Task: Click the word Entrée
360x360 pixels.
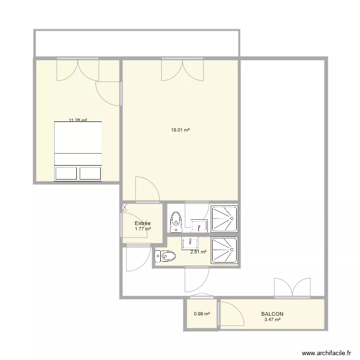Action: tap(143, 223)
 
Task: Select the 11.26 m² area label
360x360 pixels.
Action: tap(78, 120)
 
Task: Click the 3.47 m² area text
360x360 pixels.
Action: tap(272, 319)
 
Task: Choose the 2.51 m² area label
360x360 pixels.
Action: tap(198, 252)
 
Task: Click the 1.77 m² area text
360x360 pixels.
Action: tap(143, 229)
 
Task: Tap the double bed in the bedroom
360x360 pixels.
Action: tap(78, 151)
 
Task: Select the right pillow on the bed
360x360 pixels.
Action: tap(90, 173)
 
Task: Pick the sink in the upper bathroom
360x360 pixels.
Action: tap(199, 226)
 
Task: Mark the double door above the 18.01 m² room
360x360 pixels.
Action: tap(182, 70)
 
